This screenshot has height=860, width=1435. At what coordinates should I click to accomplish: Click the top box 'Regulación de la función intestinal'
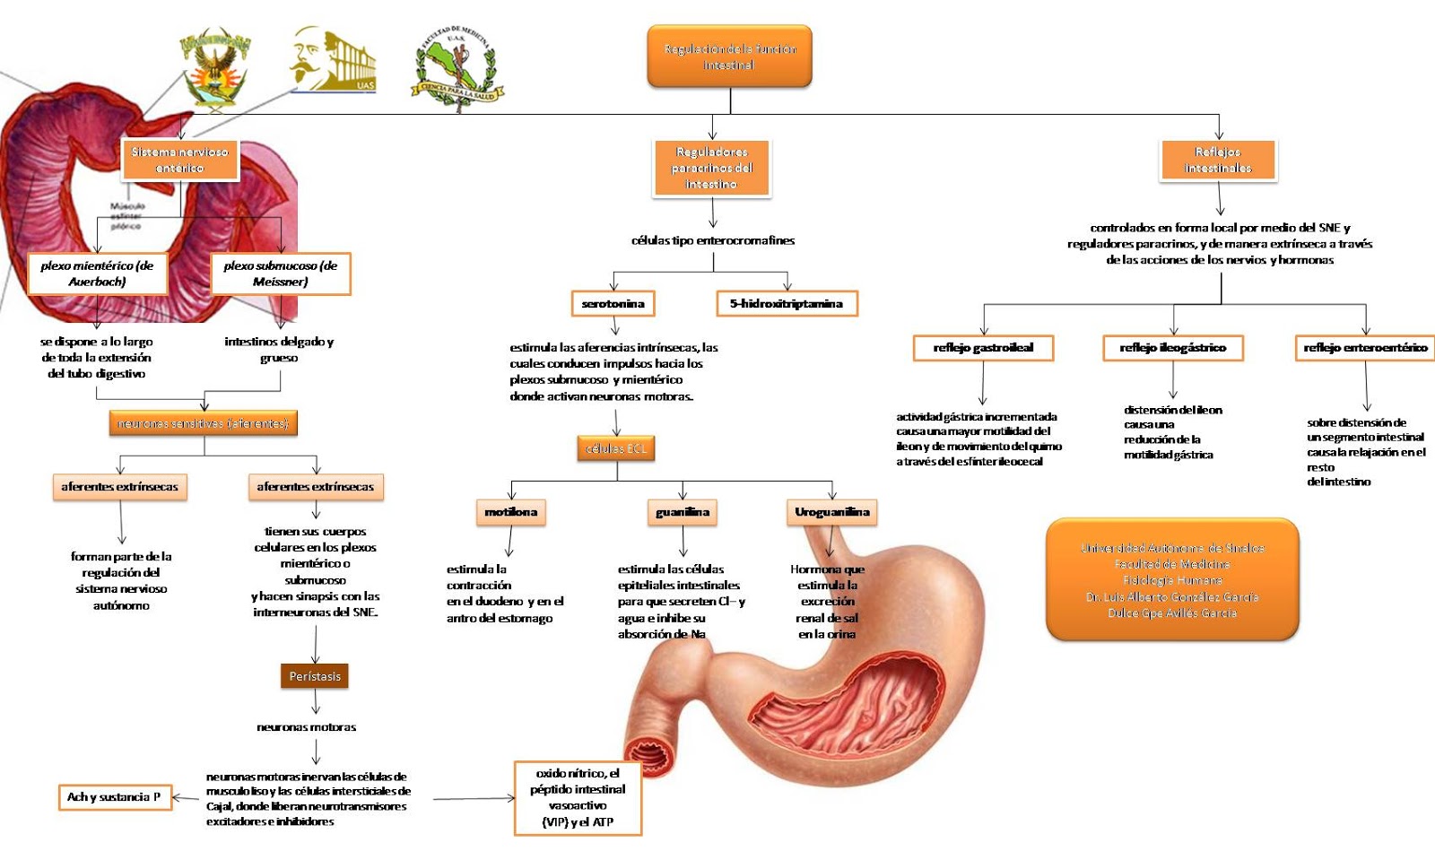(x=729, y=56)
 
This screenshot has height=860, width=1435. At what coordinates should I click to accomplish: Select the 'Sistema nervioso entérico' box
(x=180, y=160)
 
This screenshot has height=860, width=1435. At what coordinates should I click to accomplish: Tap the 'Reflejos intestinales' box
(x=1217, y=160)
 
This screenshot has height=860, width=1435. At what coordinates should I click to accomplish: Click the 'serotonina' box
(x=613, y=304)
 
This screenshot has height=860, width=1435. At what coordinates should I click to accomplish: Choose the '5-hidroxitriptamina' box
(x=787, y=304)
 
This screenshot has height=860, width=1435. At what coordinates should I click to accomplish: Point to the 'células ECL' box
(x=616, y=448)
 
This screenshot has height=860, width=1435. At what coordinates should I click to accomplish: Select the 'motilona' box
(x=510, y=512)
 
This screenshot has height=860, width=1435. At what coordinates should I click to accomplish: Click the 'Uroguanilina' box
(x=831, y=512)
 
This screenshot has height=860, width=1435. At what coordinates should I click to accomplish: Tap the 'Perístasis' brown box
(x=315, y=676)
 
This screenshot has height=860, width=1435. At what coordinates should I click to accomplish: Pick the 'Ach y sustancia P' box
(x=114, y=796)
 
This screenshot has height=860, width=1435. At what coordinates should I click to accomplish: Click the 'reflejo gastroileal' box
(x=983, y=348)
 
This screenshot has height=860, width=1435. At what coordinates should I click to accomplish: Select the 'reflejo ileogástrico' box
(x=1172, y=348)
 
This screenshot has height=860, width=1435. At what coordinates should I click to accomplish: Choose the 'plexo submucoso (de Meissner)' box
(x=281, y=274)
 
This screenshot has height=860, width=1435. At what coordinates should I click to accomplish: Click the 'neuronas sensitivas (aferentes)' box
(x=204, y=423)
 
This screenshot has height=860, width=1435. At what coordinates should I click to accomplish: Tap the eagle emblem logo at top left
(x=214, y=70)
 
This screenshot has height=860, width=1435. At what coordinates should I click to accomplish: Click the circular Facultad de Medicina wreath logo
(x=457, y=68)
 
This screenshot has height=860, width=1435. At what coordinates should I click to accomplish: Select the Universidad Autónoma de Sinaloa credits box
(x=1171, y=579)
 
